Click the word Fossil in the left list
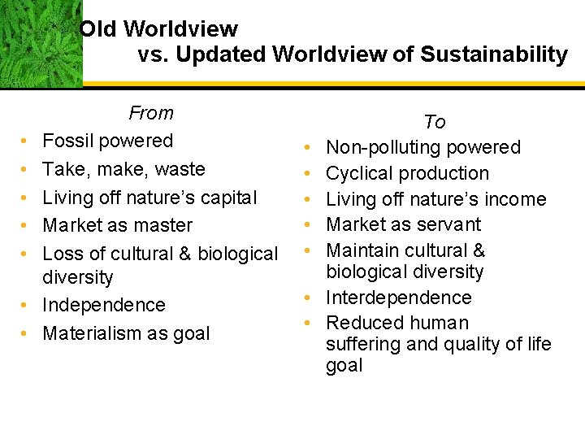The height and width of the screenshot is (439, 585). point(67,141)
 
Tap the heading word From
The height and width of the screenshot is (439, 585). point(151,113)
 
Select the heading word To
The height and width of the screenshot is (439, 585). point(435,122)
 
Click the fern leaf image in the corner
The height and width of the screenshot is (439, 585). point(41,42)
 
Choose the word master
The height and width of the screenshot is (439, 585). point(165,225)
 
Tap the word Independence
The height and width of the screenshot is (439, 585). point(104,305)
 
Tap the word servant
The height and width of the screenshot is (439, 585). point(450,224)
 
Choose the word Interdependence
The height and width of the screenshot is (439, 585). point(399,298)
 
